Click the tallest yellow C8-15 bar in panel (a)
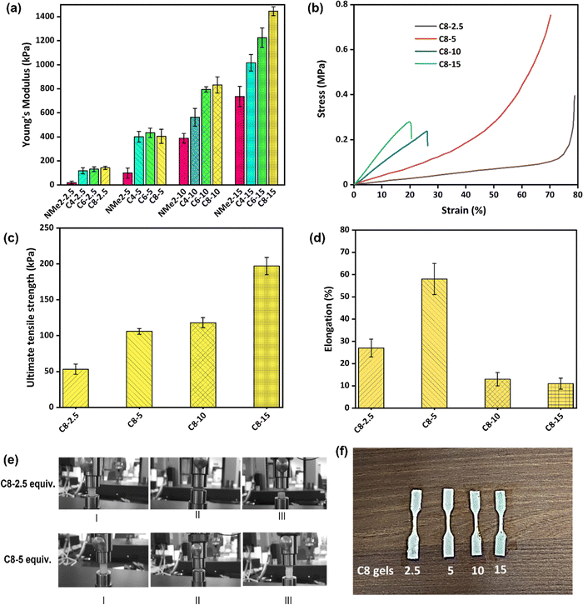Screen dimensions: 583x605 273,98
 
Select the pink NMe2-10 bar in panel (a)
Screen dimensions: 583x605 183,162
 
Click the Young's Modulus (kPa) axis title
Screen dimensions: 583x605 26,94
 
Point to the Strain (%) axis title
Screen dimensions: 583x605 463,210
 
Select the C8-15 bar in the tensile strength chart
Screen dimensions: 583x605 267,337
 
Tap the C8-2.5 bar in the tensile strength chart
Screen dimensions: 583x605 76,388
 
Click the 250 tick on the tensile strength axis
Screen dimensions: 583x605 47,228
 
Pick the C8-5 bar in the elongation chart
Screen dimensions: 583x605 434,343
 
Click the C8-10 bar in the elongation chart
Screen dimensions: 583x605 497,393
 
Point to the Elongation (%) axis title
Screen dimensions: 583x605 328,318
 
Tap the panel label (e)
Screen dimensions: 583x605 11,460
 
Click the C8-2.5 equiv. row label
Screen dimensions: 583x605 28,484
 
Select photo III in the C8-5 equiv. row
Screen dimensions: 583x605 285,559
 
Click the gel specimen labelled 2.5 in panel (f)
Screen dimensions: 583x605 416,524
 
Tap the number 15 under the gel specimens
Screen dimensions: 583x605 501,569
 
